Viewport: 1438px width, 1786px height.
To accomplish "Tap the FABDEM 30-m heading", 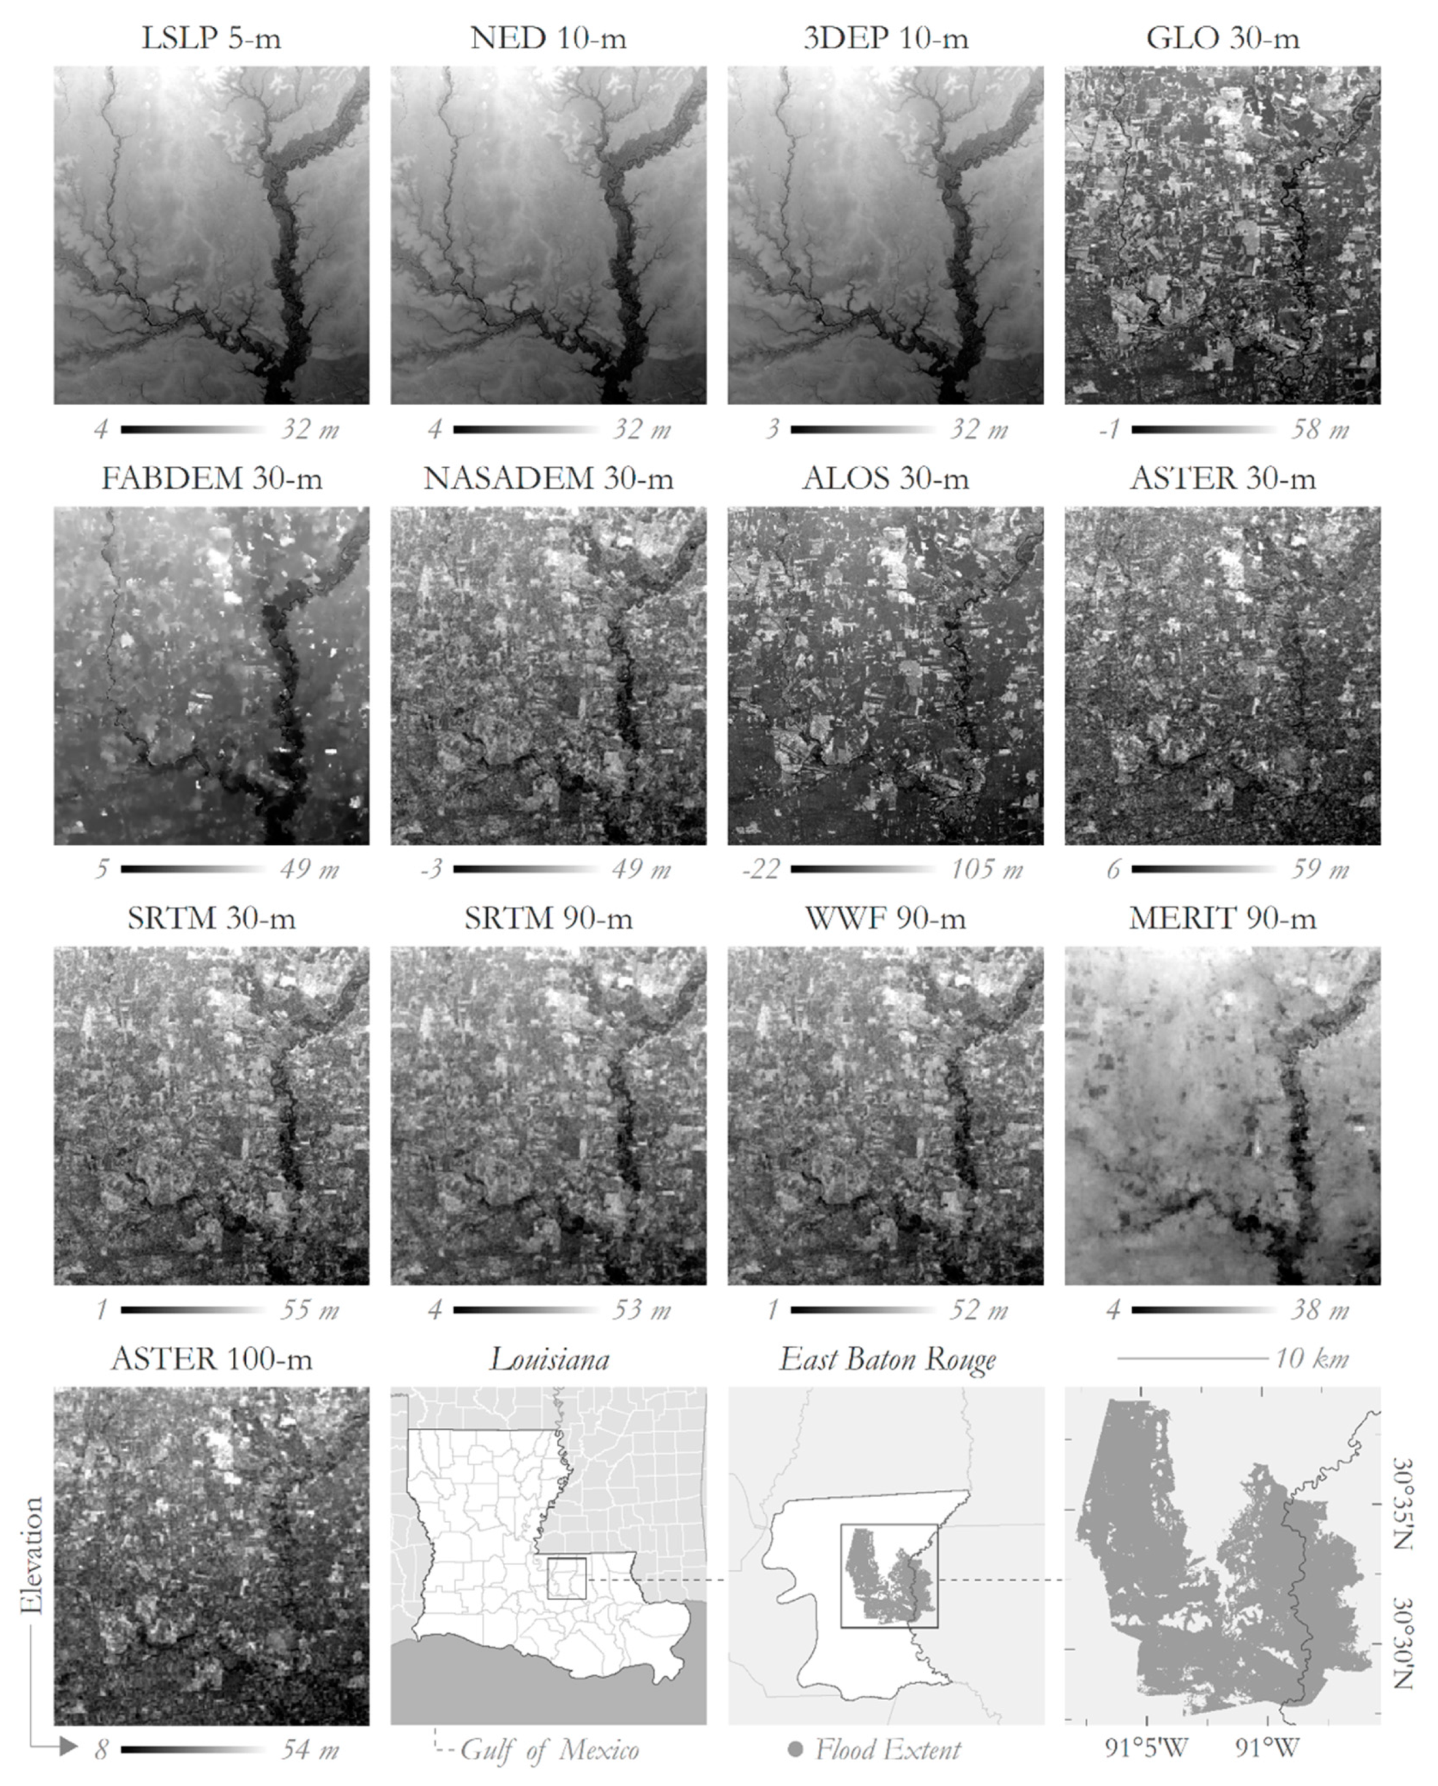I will [211, 479].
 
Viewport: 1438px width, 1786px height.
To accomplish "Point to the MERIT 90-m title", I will [1223, 918].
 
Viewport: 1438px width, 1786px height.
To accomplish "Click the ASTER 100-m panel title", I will [211, 1359].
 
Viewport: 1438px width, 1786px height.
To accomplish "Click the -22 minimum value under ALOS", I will [761, 870].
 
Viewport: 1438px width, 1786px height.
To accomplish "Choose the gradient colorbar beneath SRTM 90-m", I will [525, 1310].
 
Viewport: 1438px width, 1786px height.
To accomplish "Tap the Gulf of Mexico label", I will [549, 1750].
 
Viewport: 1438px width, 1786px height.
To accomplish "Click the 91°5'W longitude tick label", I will [1147, 1749].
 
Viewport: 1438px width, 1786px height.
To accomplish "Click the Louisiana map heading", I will [549, 1359].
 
